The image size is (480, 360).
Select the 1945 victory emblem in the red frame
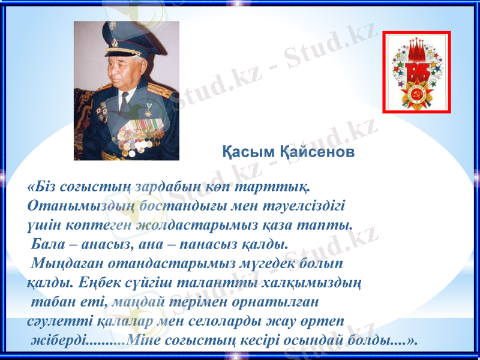416,72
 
